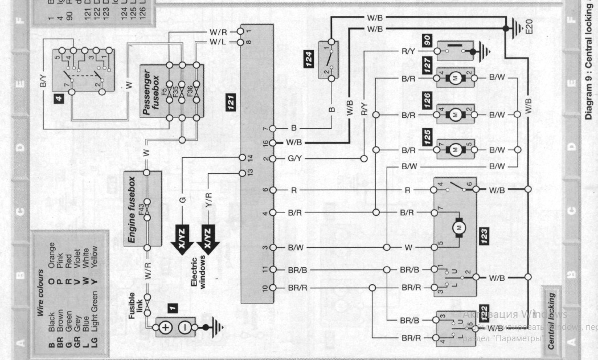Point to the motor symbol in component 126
(455, 114)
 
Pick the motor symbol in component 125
(455, 150)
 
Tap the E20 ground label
(530, 27)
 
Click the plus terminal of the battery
(165, 328)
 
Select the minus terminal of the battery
(185, 328)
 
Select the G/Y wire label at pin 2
(294, 158)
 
